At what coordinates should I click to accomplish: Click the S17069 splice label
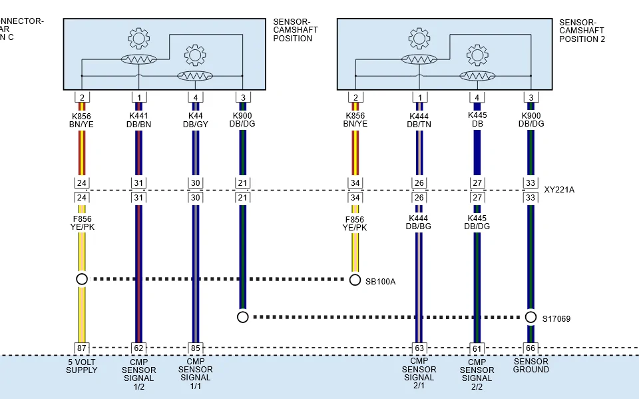[x=556, y=319]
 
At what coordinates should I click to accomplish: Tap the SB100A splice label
[x=380, y=282]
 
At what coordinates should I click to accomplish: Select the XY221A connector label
[x=559, y=190]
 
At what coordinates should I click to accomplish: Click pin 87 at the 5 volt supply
[x=82, y=348]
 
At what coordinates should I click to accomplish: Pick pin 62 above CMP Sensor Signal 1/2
[x=138, y=348]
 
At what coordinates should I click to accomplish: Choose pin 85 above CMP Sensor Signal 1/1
[x=196, y=348]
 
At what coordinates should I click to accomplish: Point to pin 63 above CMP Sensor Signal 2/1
[x=419, y=348]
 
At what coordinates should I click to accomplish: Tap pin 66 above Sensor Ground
[x=531, y=348]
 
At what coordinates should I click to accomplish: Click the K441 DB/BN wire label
[x=138, y=120]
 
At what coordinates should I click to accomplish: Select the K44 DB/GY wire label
[x=196, y=120]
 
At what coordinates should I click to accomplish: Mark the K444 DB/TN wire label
[x=419, y=121]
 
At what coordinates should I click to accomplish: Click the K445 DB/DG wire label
[x=477, y=222]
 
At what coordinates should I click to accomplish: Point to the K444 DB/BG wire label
[x=419, y=222]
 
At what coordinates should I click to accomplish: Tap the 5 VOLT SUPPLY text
[x=81, y=366]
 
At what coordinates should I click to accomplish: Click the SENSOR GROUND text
[x=531, y=366]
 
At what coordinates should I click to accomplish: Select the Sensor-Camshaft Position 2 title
[x=582, y=31]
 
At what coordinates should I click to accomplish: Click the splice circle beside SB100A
[x=355, y=280]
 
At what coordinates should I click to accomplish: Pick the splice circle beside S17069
[x=531, y=317]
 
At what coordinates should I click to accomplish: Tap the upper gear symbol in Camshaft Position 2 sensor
[x=419, y=39]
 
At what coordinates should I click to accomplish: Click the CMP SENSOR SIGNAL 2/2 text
[x=477, y=374]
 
